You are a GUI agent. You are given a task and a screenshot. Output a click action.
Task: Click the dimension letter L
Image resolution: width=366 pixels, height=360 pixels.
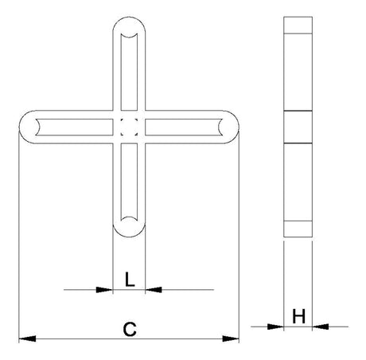click(130, 279)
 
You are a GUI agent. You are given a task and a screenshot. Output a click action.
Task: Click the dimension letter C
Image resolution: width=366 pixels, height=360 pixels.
click(130, 329)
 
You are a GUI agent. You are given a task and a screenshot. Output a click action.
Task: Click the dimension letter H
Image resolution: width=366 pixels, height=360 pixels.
click(299, 316)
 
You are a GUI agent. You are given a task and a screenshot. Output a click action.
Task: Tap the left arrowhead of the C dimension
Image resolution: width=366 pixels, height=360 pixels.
click(27, 338)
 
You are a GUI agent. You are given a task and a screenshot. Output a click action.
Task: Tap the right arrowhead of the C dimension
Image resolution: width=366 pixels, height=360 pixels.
click(231, 338)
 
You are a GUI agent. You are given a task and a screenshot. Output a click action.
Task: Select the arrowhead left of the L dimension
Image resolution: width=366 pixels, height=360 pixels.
click(104, 290)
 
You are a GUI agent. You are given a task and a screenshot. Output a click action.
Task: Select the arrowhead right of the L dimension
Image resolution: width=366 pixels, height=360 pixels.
click(154, 290)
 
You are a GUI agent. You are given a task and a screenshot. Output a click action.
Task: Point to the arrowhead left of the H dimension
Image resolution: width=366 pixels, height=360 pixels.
click(275, 327)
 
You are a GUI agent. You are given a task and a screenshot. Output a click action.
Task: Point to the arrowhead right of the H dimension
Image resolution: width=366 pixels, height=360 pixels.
click(321, 327)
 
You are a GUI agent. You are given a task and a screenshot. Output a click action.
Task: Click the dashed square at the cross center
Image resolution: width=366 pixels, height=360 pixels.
click(129, 127)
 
